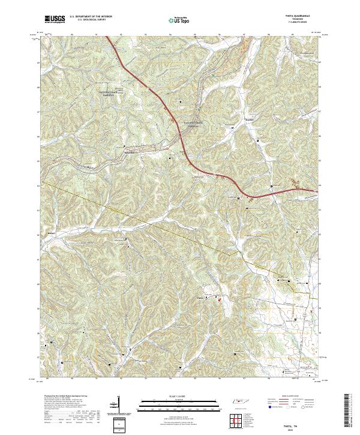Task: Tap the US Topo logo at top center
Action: tap(178, 20)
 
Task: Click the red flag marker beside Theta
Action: tap(219, 298)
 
